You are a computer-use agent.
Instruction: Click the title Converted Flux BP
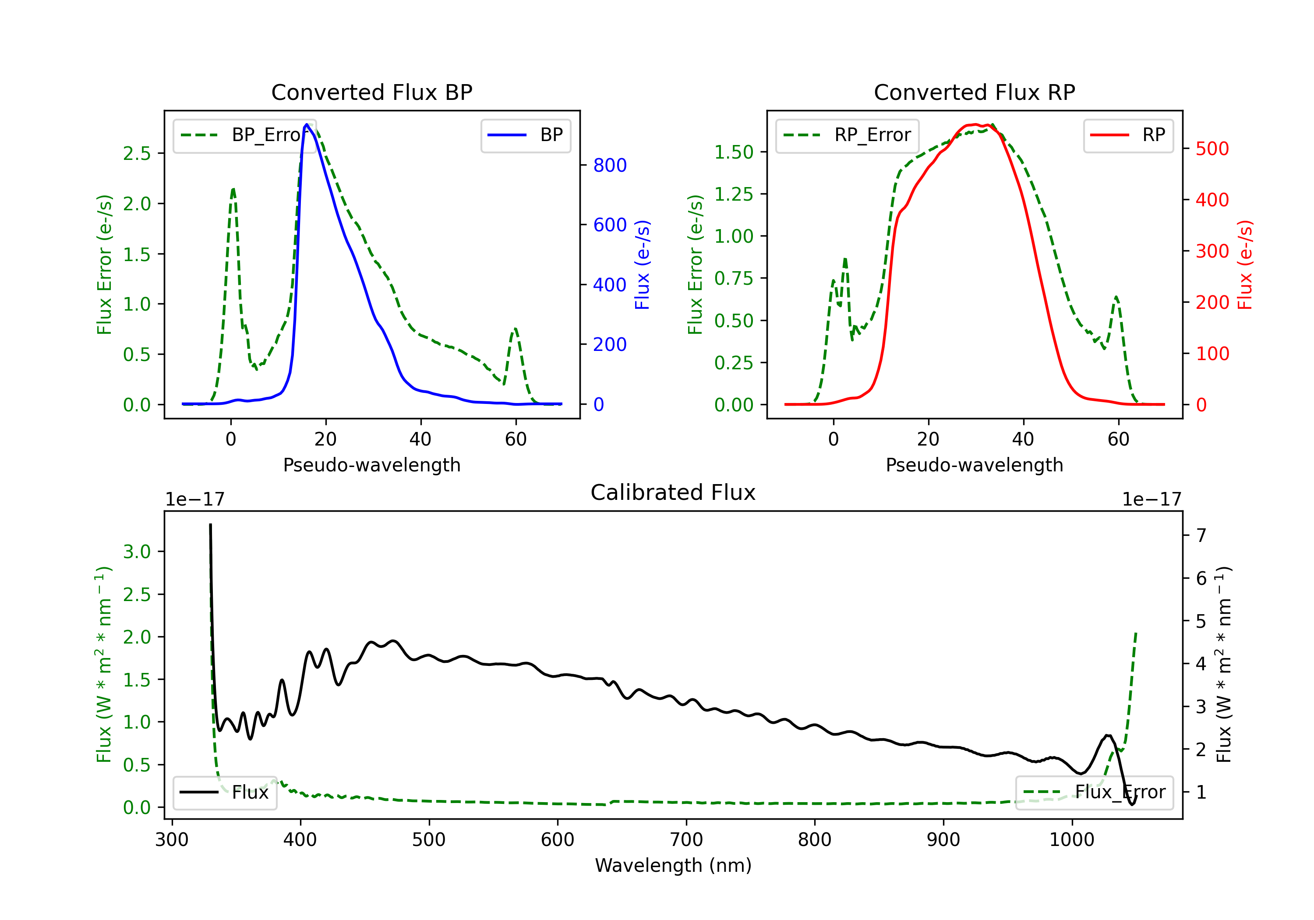pos(371,92)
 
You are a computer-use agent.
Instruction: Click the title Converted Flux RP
pos(974,92)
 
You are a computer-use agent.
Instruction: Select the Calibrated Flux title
pos(672,492)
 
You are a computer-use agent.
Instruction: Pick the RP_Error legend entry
pos(848,135)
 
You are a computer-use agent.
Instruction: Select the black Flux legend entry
pos(225,793)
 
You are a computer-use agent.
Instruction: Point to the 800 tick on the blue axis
pos(610,166)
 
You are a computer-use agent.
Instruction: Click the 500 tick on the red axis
pos(1212,149)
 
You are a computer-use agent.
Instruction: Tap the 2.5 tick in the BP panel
pos(137,153)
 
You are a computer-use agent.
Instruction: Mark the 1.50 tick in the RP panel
pos(734,152)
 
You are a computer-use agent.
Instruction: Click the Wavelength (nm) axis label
pos(673,865)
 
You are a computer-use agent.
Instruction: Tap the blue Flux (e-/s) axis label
pos(642,265)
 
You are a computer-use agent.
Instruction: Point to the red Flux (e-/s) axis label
pos(1245,265)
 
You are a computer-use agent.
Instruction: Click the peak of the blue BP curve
pos(307,124)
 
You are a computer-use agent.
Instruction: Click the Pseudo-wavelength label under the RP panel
pos(974,465)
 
